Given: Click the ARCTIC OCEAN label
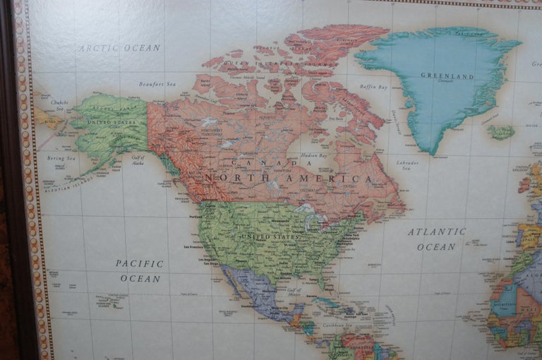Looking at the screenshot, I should pos(119,48).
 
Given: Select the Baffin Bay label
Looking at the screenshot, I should pos(373,88).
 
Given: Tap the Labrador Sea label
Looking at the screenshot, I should pos(407,165).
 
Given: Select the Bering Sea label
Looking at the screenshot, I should pos(61,158).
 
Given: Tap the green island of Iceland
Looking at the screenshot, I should pos(500,132).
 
